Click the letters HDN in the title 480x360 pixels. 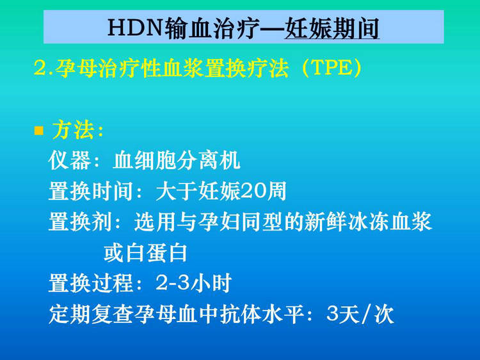click(x=136, y=28)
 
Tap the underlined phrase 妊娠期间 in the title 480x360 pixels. click(x=332, y=28)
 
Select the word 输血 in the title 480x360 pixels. click(x=186, y=28)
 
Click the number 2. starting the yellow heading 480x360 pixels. click(x=44, y=68)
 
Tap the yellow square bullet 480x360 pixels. click(x=39, y=131)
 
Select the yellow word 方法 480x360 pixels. click(x=73, y=130)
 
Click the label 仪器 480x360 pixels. click(x=70, y=160)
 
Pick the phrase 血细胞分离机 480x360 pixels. click(x=177, y=160)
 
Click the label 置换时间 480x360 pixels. click(x=91, y=191)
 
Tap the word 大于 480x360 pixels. click(x=177, y=191)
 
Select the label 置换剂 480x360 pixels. click(x=80, y=222)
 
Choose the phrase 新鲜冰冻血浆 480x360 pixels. click(x=369, y=222)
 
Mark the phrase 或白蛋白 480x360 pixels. click(x=145, y=253)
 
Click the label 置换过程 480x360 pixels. click(x=91, y=282)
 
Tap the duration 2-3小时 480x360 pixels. click(x=193, y=282)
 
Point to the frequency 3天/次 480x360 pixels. click(x=360, y=314)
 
